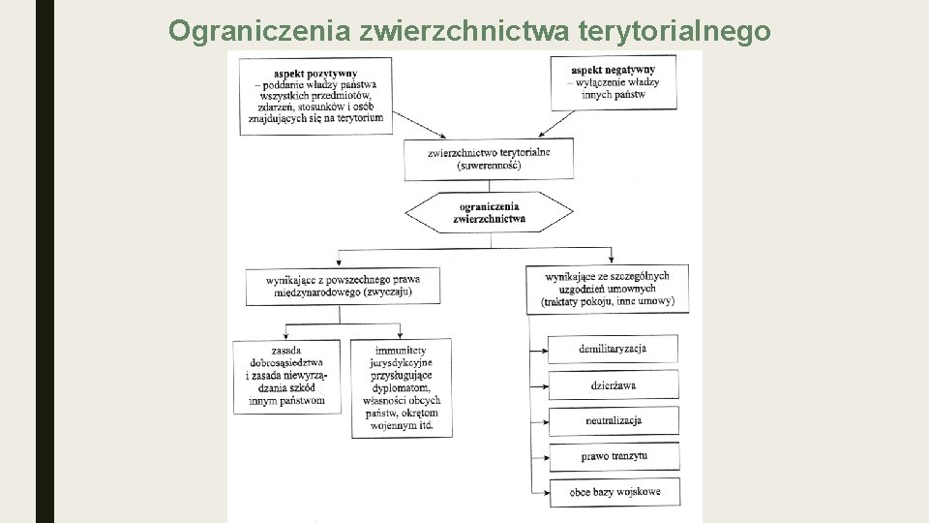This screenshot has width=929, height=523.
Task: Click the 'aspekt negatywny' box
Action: coord(613,81)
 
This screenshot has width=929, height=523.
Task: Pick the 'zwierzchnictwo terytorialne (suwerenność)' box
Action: coord(489,159)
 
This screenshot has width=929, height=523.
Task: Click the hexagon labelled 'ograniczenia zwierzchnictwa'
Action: coord(489,213)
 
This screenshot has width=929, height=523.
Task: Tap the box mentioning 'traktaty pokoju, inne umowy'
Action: coord(608,289)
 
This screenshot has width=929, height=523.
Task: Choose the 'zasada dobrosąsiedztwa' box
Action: coord(285,375)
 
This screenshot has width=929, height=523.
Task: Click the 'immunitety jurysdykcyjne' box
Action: coord(402,387)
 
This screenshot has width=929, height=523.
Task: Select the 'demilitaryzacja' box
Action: coord(613,349)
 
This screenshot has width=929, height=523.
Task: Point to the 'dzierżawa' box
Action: coord(613,385)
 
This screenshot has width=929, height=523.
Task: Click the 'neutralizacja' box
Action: coord(613,420)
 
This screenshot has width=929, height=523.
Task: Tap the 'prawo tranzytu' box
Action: coord(613,456)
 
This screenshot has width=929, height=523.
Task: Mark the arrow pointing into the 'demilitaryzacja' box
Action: coord(540,349)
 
